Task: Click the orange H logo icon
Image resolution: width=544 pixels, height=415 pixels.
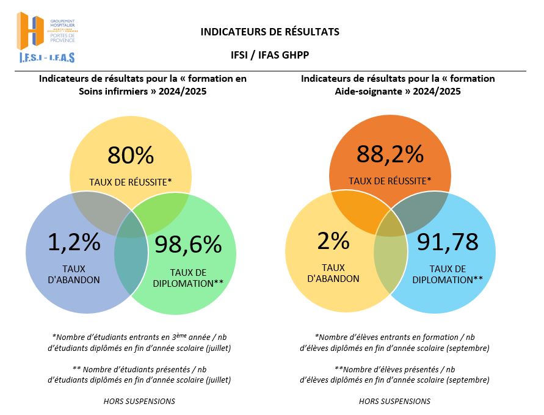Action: point(31,31)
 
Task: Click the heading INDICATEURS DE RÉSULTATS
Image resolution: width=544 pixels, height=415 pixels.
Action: point(269,32)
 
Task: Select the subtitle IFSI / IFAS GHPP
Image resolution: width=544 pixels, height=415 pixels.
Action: point(269,55)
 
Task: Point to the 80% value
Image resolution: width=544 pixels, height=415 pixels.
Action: point(131,156)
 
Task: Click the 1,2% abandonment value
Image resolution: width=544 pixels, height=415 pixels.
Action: point(74,242)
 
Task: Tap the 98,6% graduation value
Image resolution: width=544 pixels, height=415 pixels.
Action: point(187,245)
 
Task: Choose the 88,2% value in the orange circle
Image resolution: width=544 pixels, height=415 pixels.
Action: point(390,154)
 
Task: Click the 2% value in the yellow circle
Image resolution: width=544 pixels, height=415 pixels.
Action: point(333,241)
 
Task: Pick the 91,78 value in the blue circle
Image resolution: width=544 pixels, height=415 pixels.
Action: point(448,242)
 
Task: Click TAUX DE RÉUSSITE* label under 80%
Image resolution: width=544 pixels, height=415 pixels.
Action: point(131,181)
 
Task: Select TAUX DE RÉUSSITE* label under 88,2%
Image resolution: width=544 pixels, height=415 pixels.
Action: point(390,181)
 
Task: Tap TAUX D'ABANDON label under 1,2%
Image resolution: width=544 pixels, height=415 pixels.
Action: point(74,274)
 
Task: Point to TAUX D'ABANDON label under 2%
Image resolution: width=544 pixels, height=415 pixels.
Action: point(333,273)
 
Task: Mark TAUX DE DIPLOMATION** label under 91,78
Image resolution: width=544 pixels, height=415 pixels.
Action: point(448,274)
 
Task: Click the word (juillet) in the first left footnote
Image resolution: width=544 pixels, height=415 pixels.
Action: point(219,348)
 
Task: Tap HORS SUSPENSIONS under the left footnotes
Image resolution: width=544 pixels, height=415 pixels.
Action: point(139,401)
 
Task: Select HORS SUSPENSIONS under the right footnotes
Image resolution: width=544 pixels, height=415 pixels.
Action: point(394,401)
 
